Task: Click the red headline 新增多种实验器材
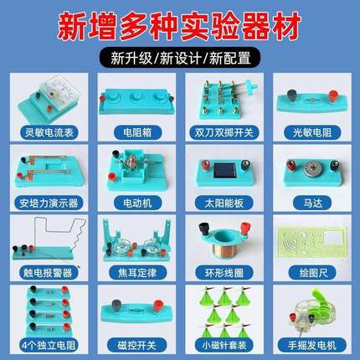pyautogui.click(x=180, y=26)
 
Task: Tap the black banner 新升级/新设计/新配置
pyautogui.click(x=180, y=59)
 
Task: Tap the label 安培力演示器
pyautogui.click(x=49, y=201)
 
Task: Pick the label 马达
pyautogui.click(x=311, y=201)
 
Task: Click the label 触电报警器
pyautogui.click(x=49, y=272)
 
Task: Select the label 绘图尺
pyautogui.click(x=311, y=272)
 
